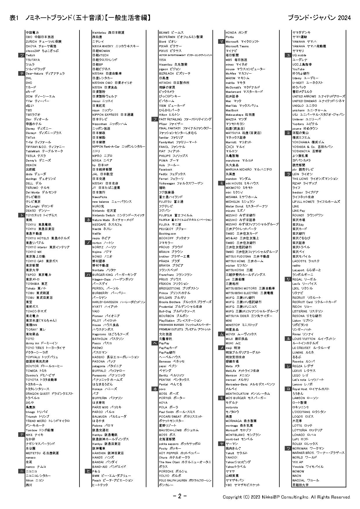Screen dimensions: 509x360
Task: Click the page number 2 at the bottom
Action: click(180, 496)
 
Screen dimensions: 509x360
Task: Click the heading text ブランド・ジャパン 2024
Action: click(319, 18)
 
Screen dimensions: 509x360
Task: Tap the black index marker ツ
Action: click(21, 55)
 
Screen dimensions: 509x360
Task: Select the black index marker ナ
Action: click(21, 434)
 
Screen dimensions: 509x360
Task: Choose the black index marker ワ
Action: click(288, 448)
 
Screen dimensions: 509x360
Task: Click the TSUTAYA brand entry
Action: click(33, 60)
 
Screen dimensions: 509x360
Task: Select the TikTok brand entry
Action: click(30, 137)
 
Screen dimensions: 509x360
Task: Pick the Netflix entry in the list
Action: click(97, 233)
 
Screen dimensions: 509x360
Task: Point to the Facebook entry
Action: click(166, 169)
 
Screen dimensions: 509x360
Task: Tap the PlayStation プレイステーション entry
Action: click(180, 320)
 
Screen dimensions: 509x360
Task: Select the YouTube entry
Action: click(299, 69)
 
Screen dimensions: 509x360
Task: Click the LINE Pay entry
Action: click(299, 211)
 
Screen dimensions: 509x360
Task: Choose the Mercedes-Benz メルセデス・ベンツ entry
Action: click(250, 384)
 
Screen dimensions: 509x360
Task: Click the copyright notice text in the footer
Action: click(287, 497)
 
